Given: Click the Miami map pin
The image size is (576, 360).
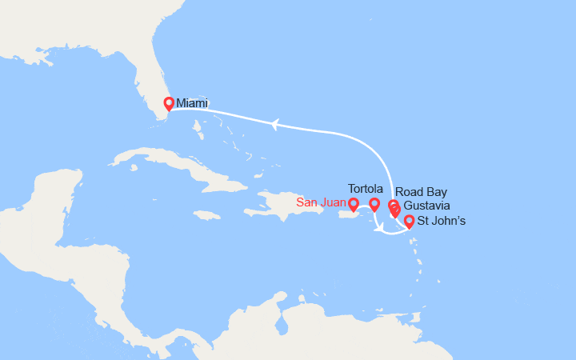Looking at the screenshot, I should [x=169, y=104].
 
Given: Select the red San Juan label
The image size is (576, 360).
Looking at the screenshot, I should [x=322, y=202].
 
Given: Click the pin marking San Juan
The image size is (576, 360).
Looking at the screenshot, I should [x=354, y=205].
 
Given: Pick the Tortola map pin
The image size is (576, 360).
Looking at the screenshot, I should [x=374, y=205].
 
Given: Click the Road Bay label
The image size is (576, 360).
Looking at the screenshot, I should [x=421, y=192].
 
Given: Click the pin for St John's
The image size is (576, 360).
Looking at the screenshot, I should [x=409, y=222].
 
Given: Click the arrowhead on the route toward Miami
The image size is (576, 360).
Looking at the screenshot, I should [x=274, y=124].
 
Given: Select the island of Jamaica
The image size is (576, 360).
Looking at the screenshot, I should [x=206, y=215].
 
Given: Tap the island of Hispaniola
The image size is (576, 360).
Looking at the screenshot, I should [x=280, y=205].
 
